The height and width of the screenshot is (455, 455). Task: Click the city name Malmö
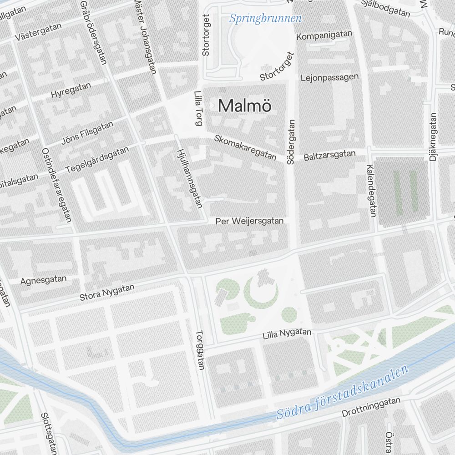click(x=245, y=106)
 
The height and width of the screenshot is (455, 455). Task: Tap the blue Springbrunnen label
click(x=266, y=19)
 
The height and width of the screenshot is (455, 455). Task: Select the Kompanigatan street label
click(x=324, y=35)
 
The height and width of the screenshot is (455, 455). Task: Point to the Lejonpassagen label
click(x=330, y=77)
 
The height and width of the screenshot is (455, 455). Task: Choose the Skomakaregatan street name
click(x=245, y=147)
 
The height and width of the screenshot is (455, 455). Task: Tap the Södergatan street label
click(x=291, y=142)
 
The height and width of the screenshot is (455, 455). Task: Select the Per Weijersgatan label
click(x=250, y=221)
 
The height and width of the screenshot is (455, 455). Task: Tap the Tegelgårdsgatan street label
click(x=97, y=159)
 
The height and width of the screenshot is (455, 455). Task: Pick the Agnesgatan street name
click(x=44, y=280)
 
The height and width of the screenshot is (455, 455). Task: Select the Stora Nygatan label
click(x=107, y=293)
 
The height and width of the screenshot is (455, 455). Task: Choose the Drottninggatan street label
click(x=371, y=407)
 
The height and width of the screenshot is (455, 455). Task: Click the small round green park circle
click(x=289, y=314)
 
